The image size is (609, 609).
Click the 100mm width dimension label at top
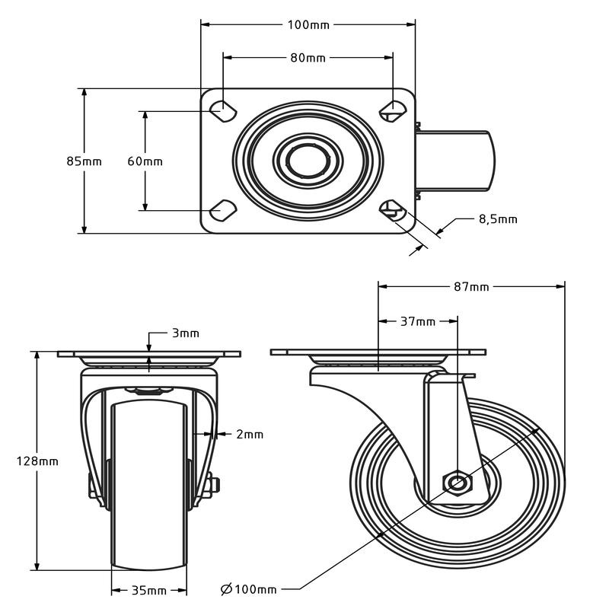click(x=308, y=25)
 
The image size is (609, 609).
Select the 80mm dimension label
click(x=308, y=58)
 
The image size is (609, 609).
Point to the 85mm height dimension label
click(x=84, y=161)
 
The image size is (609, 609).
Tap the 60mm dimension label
click(x=145, y=161)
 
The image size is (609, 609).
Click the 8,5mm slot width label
click(x=498, y=219)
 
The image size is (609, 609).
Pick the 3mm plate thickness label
click(x=185, y=333)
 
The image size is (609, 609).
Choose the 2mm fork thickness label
click(x=250, y=435)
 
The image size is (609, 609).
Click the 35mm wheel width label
click(x=149, y=591)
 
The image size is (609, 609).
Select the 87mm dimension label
click(x=472, y=287)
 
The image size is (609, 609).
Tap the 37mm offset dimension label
click(x=418, y=322)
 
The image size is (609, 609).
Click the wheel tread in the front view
click(x=149, y=487)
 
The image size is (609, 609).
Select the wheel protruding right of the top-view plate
click(x=457, y=160)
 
